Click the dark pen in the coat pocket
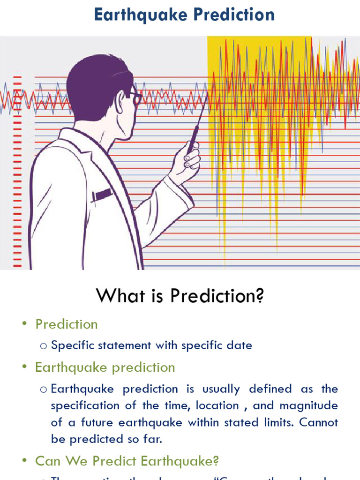click(102, 195)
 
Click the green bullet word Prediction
click(67, 324)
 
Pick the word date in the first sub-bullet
click(240, 346)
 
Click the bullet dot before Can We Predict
click(25, 462)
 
